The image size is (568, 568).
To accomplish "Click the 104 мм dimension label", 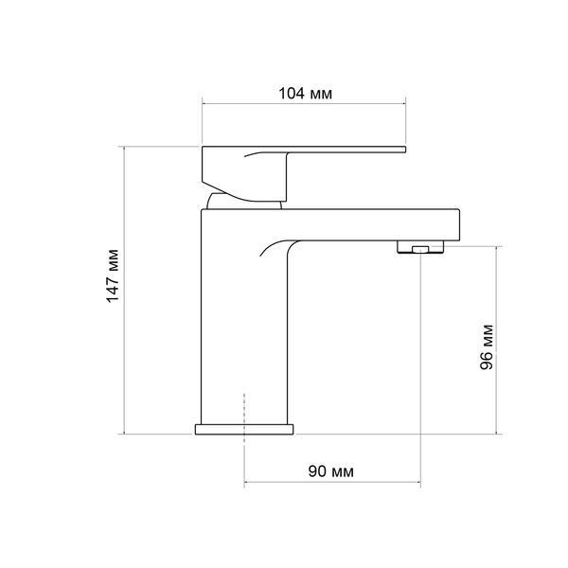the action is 305,94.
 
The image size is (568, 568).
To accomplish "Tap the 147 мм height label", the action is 113,275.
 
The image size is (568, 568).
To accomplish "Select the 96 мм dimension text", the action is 487,347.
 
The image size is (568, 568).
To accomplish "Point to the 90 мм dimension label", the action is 331,471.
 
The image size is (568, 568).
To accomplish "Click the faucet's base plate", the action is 244,429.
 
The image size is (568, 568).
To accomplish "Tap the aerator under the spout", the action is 420,246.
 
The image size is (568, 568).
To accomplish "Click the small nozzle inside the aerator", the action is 420,249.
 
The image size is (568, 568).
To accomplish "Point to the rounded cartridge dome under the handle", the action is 244,202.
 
